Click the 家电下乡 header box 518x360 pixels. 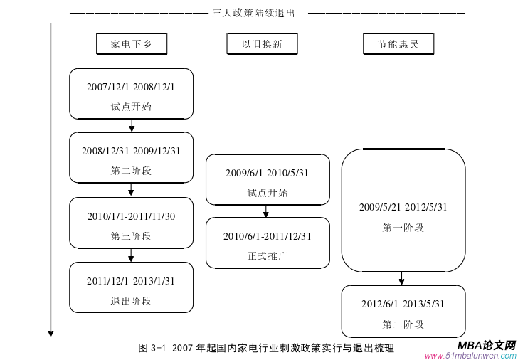[x=132, y=45]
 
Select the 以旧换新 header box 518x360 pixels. [x=263, y=45]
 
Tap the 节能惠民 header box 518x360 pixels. [x=398, y=45]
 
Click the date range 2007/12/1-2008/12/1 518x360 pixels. [x=131, y=87]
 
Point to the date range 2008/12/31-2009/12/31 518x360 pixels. [x=131, y=151]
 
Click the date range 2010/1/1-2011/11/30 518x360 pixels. [x=131, y=216]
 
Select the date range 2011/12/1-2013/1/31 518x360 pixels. [x=131, y=281]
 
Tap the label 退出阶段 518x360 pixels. [x=131, y=301]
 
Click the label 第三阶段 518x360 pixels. [x=131, y=236]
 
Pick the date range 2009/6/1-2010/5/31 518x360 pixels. [x=268, y=173]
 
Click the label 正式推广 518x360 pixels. [x=268, y=256]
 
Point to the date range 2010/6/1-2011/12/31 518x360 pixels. [x=268, y=236]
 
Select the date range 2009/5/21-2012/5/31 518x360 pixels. [x=403, y=207]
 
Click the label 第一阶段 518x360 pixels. [x=403, y=228]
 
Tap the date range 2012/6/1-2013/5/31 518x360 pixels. [x=403, y=304]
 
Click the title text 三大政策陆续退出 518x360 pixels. [x=253, y=12]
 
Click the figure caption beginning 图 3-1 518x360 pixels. [x=266, y=348]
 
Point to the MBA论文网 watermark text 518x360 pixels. [x=487, y=345]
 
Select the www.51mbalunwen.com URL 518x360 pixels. [x=470, y=356]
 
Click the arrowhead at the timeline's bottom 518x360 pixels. [x=51, y=332]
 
